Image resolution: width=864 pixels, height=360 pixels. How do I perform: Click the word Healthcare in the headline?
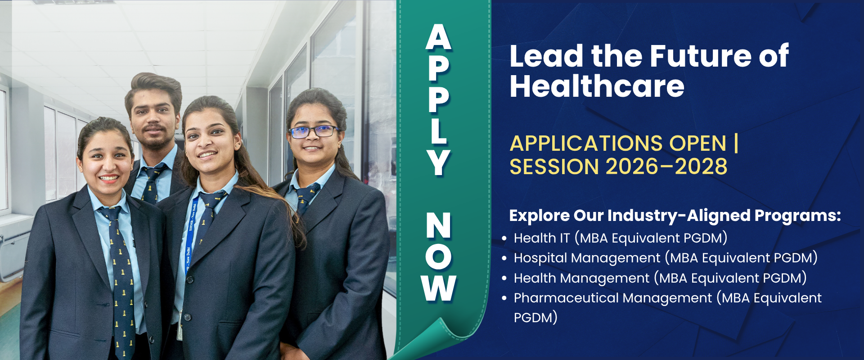point(597,86)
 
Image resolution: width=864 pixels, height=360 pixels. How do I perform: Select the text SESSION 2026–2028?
point(618,166)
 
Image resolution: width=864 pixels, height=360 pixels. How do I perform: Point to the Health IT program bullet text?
point(621,238)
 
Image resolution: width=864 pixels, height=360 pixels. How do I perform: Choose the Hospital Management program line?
point(666,258)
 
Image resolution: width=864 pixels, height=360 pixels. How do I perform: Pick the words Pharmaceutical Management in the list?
point(613,298)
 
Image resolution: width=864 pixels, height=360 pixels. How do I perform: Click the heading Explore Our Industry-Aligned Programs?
point(675,216)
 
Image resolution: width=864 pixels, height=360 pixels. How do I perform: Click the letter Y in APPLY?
point(438,162)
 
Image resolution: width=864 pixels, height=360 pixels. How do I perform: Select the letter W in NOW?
point(439,288)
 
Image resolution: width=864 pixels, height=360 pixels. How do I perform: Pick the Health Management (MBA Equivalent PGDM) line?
point(660,278)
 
